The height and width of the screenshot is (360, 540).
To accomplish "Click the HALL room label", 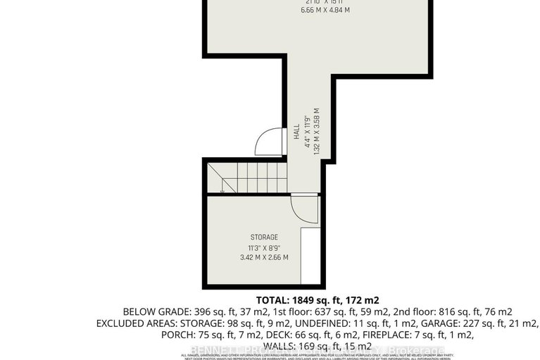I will click(x=296, y=132).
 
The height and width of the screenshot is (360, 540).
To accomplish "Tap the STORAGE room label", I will click(x=265, y=237).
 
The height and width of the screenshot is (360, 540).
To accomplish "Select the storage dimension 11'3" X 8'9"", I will click(x=265, y=247).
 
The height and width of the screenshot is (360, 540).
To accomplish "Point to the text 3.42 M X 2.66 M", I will click(x=265, y=258).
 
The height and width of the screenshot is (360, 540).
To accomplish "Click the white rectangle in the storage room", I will click(x=310, y=254).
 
